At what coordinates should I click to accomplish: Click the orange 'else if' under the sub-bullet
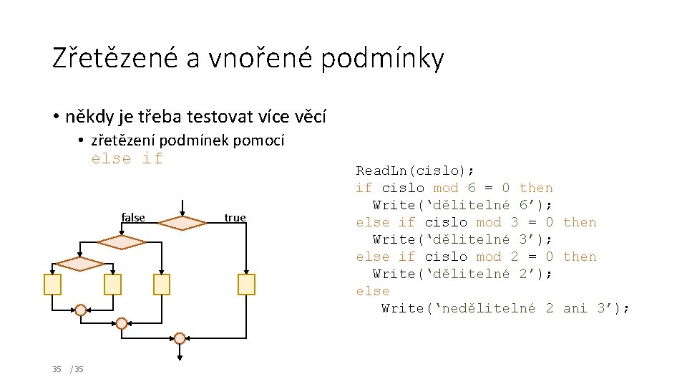[127, 158]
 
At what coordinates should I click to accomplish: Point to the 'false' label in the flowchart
[133, 217]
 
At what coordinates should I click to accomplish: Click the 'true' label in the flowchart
[235, 217]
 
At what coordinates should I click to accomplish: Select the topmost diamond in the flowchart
[182, 223]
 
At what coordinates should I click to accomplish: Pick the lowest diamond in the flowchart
[80, 264]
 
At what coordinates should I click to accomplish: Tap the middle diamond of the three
[122, 242]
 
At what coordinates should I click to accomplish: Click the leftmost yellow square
[52, 285]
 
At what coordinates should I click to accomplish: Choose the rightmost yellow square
[246, 285]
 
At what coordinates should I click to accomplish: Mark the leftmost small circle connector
[81, 310]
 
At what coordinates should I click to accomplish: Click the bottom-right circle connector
[180, 338]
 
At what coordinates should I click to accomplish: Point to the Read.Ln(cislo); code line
[415, 171]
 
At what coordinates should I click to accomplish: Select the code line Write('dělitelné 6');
[462, 205]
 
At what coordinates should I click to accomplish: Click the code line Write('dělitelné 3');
[462, 239]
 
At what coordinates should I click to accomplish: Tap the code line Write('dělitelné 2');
[462, 274]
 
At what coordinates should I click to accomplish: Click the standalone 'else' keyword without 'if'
[373, 291]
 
